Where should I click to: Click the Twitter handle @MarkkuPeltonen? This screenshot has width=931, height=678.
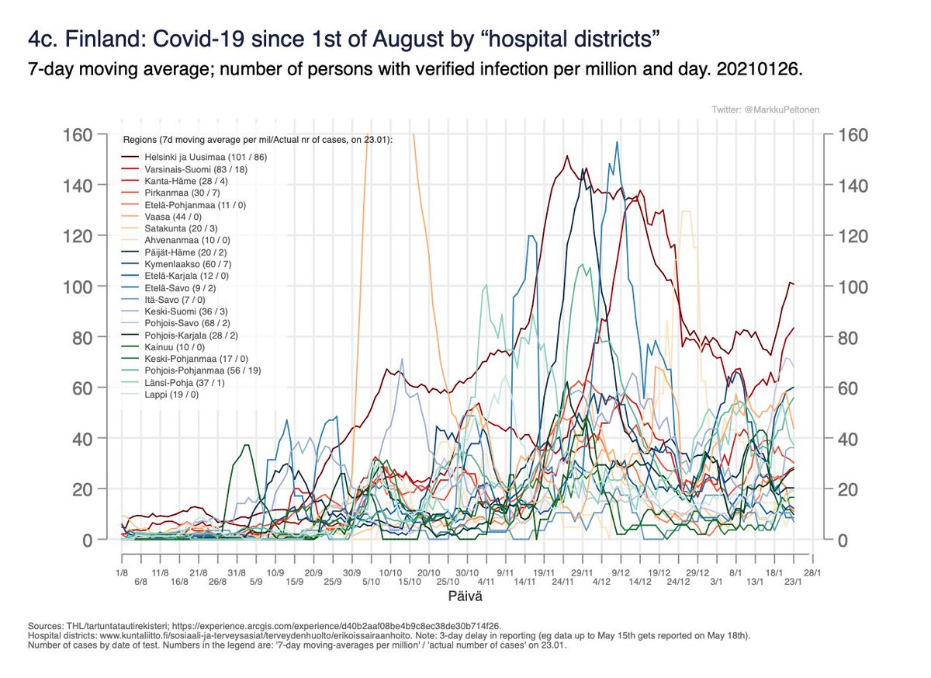click(765, 110)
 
